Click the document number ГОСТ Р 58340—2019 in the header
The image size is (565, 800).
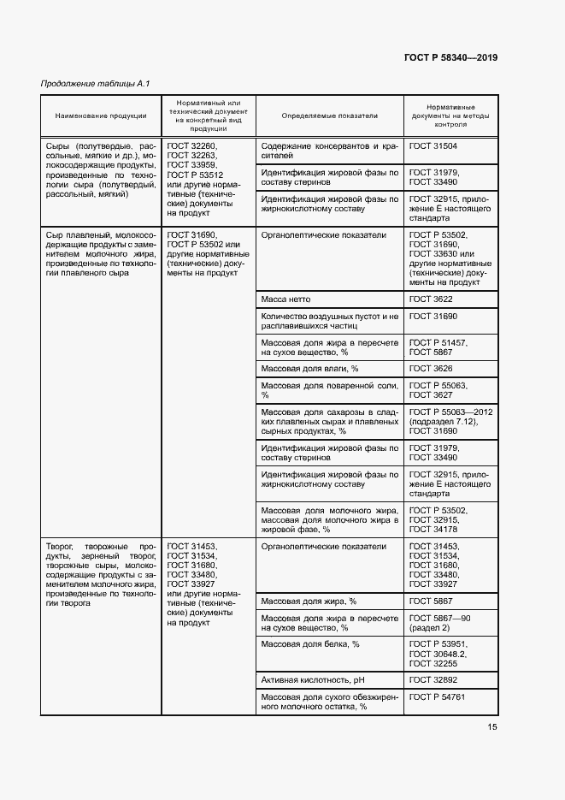[x=450, y=58]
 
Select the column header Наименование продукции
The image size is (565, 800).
[x=100, y=116]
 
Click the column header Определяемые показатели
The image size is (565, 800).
[x=329, y=116]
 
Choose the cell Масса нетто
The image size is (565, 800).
[x=285, y=299]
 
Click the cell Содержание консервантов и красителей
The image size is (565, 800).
[x=329, y=151]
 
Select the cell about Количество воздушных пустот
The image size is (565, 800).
[x=329, y=321]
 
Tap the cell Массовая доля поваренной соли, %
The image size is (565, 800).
[x=329, y=390]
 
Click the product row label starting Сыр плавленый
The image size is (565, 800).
[x=100, y=254]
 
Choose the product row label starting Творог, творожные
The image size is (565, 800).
[x=100, y=573]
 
